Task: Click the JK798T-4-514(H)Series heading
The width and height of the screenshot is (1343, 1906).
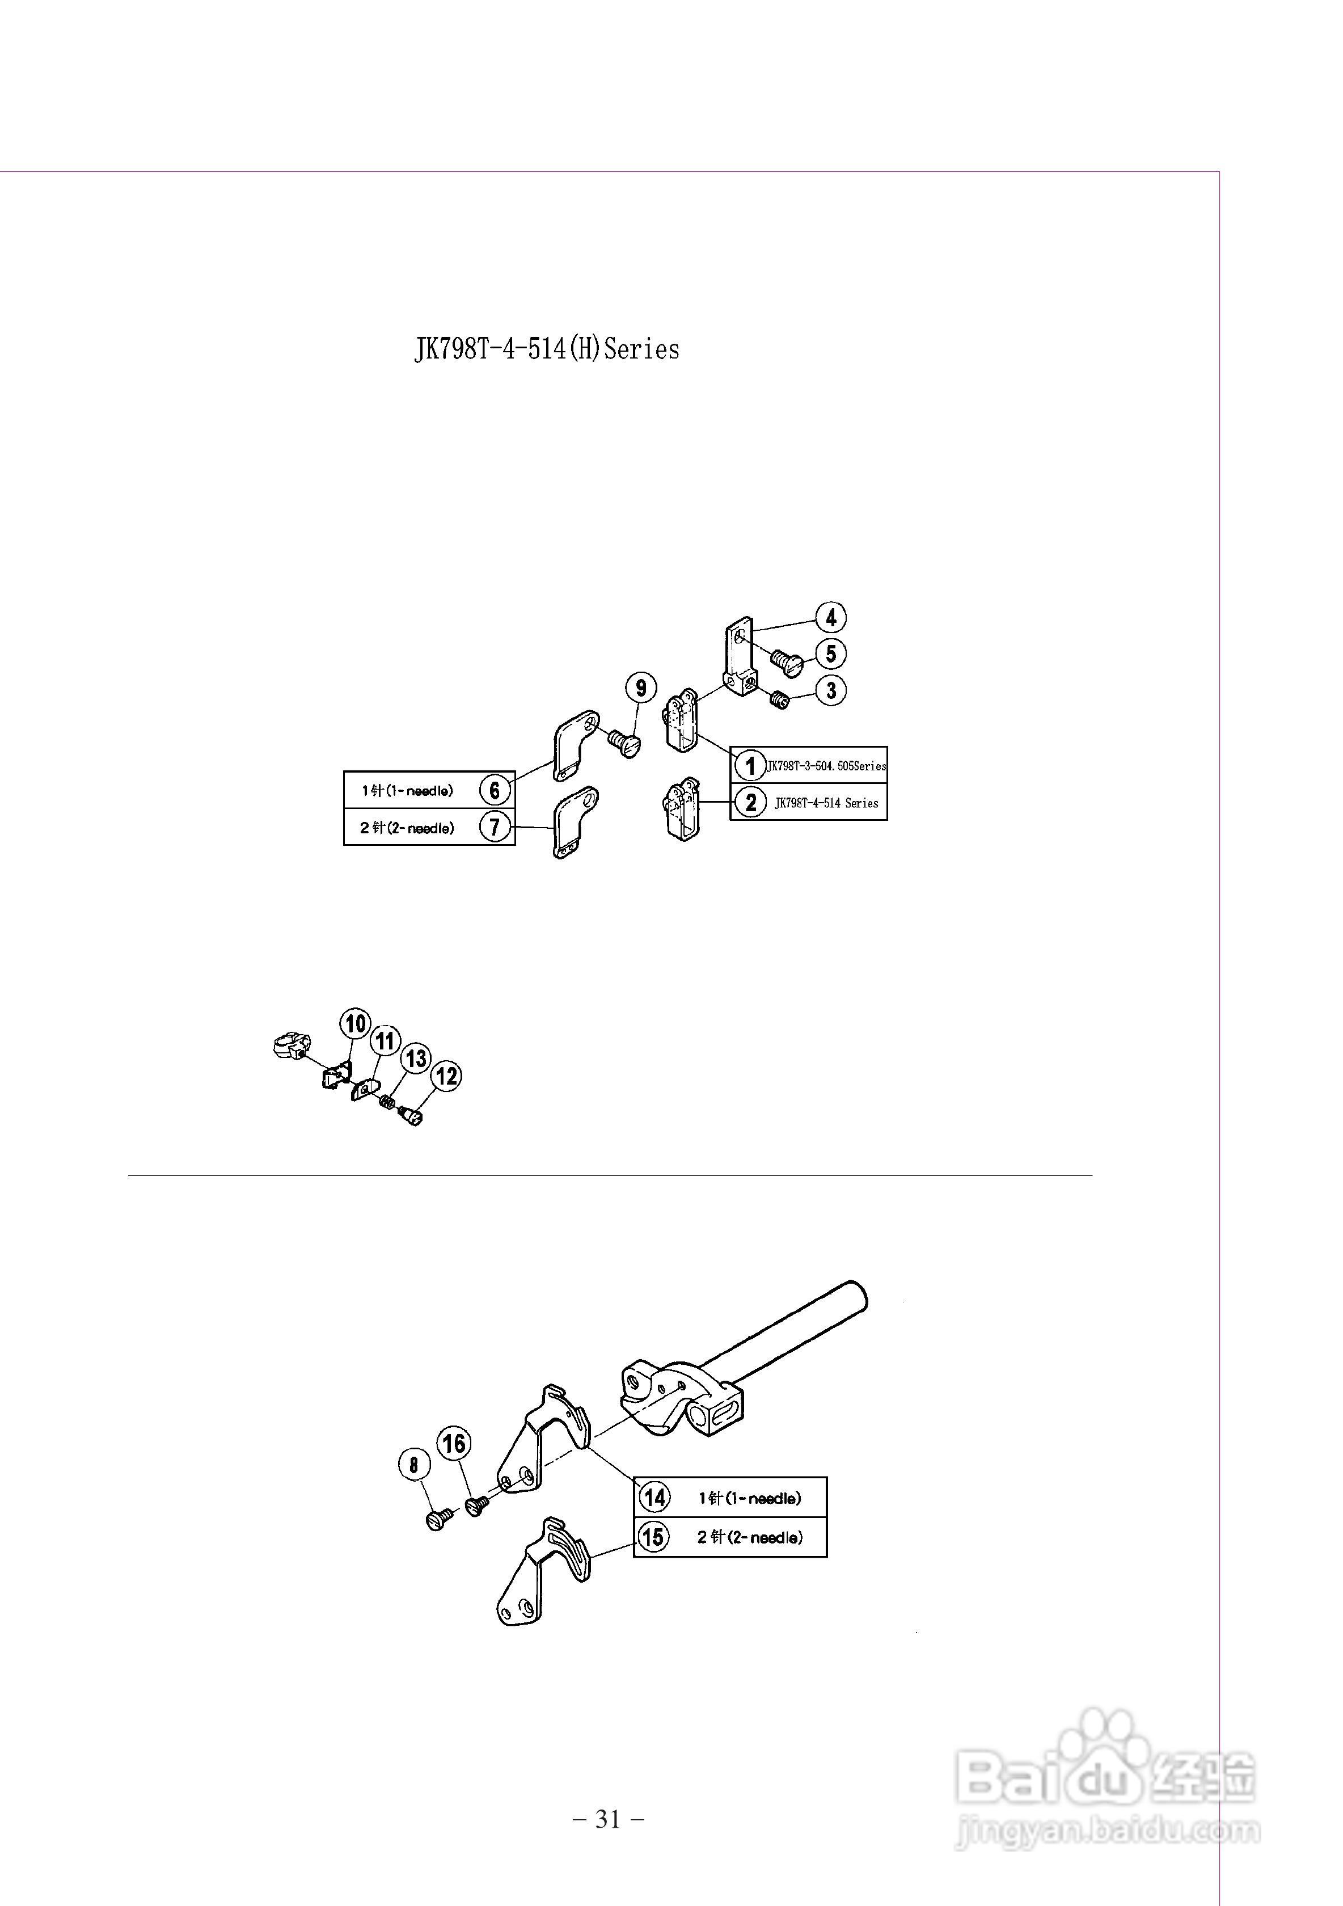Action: pyautogui.click(x=546, y=349)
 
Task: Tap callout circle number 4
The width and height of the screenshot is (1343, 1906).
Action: pyautogui.click(x=831, y=618)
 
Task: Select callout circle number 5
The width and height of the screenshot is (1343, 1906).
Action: pyautogui.click(x=831, y=653)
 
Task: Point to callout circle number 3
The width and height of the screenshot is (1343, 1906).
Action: pyautogui.click(x=831, y=690)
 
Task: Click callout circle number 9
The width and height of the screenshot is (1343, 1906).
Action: pyautogui.click(x=641, y=688)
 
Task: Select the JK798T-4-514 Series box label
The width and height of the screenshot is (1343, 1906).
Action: pyautogui.click(x=826, y=803)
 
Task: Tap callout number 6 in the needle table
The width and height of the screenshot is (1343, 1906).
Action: pyautogui.click(x=495, y=790)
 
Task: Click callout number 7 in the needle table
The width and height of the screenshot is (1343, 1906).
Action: pyautogui.click(x=495, y=828)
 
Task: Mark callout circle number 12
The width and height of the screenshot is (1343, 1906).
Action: pyautogui.click(x=446, y=1077)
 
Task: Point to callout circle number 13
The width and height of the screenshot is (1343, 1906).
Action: pyautogui.click(x=416, y=1059)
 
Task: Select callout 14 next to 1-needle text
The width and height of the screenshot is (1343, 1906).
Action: pyautogui.click(x=654, y=1498)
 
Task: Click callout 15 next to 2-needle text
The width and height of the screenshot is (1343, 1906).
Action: pyautogui.click(x=653, y=1537)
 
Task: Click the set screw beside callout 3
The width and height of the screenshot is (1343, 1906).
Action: pyautogui.click(x=779, y=701)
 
